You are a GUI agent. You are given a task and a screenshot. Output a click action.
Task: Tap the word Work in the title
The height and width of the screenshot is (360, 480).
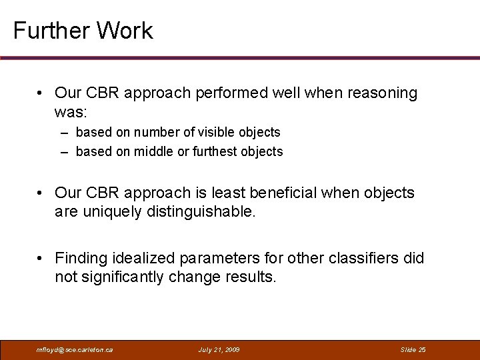coord(125,31)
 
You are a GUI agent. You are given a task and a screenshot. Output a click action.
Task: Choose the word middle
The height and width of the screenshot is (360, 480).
coord(153,152)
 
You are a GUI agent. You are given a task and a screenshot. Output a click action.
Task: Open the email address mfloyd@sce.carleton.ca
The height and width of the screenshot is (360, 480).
coord(75,349)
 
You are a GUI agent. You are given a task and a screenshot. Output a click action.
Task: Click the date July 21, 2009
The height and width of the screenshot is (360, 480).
coord(219,349)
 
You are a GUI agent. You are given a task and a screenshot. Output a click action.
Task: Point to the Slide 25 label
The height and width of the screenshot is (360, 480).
coord(413,349)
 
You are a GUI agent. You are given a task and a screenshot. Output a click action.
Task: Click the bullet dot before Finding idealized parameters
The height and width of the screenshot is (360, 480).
coord(41,259)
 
